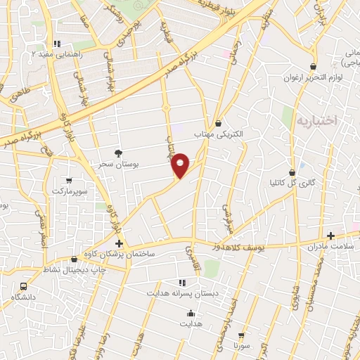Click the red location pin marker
tap(181, 165)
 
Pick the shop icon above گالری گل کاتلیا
tap(292, 172)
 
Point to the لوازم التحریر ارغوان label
tap(311, 77)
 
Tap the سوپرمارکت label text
tap(70, 191)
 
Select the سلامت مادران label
tap(331, 247)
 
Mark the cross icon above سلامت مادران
tap(330, 236)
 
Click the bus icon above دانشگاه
tap(24, 286)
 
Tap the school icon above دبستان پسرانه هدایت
tap(181, 281)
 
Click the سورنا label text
tap(243, 347)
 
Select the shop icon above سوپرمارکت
tap(69, 181)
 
